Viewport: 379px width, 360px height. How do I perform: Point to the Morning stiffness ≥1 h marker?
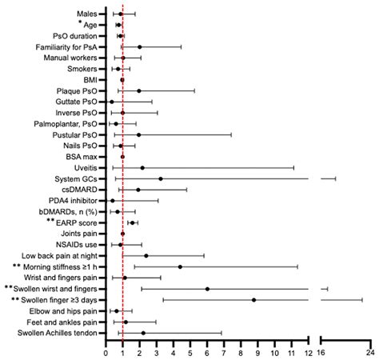[180, 266]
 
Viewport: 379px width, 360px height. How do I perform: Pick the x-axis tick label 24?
[370, 351]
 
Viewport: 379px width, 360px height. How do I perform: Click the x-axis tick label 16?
[321, 351]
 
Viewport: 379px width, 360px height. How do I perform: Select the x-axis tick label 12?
[308, 351]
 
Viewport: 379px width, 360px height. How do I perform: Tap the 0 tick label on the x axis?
[106, 351]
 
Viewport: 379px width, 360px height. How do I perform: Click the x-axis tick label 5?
[190, 351]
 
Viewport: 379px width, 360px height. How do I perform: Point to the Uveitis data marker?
[142, 168]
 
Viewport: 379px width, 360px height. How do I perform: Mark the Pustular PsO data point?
[139, 135]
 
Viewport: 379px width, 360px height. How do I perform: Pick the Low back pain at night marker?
[146, 256]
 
